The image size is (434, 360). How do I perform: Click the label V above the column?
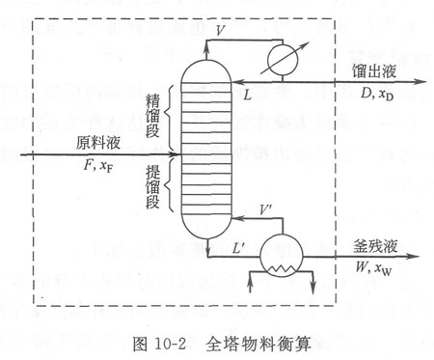tap(221, 30)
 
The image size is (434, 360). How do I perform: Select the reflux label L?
tap(247, 95)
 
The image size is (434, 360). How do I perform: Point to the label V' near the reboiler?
tap(266, 210)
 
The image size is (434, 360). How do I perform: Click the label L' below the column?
tap(239, 247)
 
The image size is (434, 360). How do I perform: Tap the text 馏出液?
tap(373, 71)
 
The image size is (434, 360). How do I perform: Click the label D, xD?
tap(376, 95)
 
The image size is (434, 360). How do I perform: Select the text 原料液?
tap(97, 143)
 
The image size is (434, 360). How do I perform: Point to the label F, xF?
tap(98, 167)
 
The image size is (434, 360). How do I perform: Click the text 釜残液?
tap(375, 246)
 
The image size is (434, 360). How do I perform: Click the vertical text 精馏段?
tap(152, 116)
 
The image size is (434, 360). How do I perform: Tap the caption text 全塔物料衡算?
tap(258, 344)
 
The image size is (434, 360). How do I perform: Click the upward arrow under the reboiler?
tap(251, 282)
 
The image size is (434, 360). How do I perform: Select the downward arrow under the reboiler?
tap(312, 283)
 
